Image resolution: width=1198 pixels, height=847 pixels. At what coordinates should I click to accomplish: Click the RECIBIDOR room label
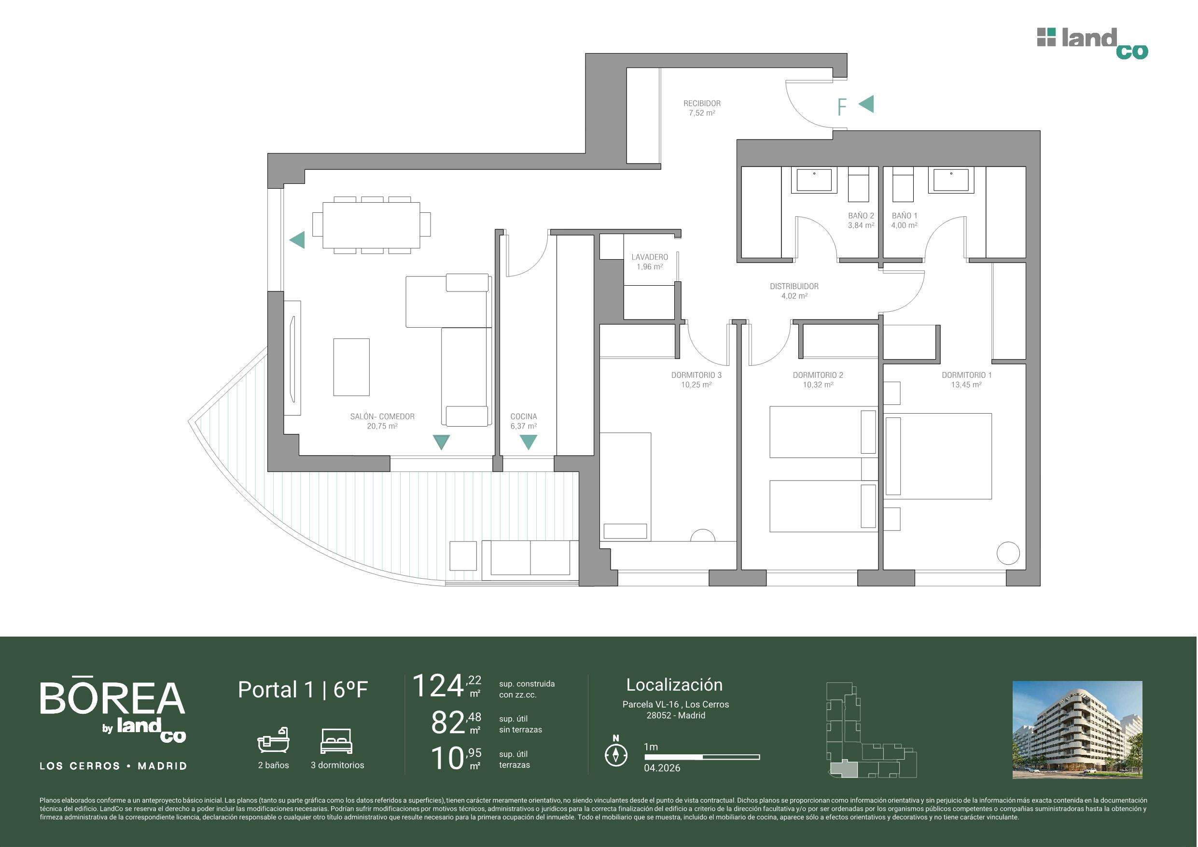pos(702,103)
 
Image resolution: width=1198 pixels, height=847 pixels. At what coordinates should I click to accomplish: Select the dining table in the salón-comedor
pos(372,225)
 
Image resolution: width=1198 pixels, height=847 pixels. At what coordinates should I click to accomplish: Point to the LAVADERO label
pos(650,257)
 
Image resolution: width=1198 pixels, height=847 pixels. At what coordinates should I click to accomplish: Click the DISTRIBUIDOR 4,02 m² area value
pos(794,296)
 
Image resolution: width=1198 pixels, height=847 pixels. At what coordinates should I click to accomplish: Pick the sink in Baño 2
pos(814,180)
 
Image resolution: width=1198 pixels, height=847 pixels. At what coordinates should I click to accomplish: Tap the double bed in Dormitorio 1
pos(938,456)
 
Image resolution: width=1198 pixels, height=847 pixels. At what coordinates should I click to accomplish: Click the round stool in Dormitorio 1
pos(1007,553)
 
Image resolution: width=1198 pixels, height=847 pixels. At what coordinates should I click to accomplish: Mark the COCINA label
pos(524,417)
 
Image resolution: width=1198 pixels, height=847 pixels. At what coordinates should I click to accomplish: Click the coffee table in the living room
pos(352,367)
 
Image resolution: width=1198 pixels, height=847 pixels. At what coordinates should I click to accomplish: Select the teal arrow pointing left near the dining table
pos(297,240)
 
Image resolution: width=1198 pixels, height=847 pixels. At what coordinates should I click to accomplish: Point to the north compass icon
pos(616,753)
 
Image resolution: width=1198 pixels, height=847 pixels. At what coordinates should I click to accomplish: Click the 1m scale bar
pos(702,757)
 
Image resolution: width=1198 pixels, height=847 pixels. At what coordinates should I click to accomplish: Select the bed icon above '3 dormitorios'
pos(337,741)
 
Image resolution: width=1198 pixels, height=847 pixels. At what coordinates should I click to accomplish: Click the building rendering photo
pos(1077,730)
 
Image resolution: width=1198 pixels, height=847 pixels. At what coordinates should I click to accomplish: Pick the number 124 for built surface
pos(438,686)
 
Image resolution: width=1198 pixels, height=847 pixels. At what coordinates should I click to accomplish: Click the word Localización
pos(674,685)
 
